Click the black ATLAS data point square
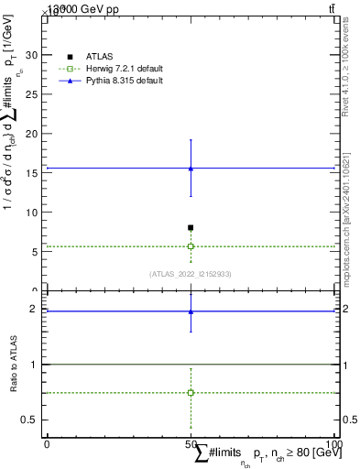click(191, 227)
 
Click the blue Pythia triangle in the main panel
click(191, 169)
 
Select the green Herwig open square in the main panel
click(191, 246)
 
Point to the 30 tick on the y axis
click(34, 55)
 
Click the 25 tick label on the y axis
click(34, 94)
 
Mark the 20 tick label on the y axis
click(34, 134)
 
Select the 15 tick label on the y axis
click(34, 173)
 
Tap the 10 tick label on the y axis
click(34, 213)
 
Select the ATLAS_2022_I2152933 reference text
click(191, 274)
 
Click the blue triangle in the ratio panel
click(191, 311)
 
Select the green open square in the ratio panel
click(191, 392)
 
